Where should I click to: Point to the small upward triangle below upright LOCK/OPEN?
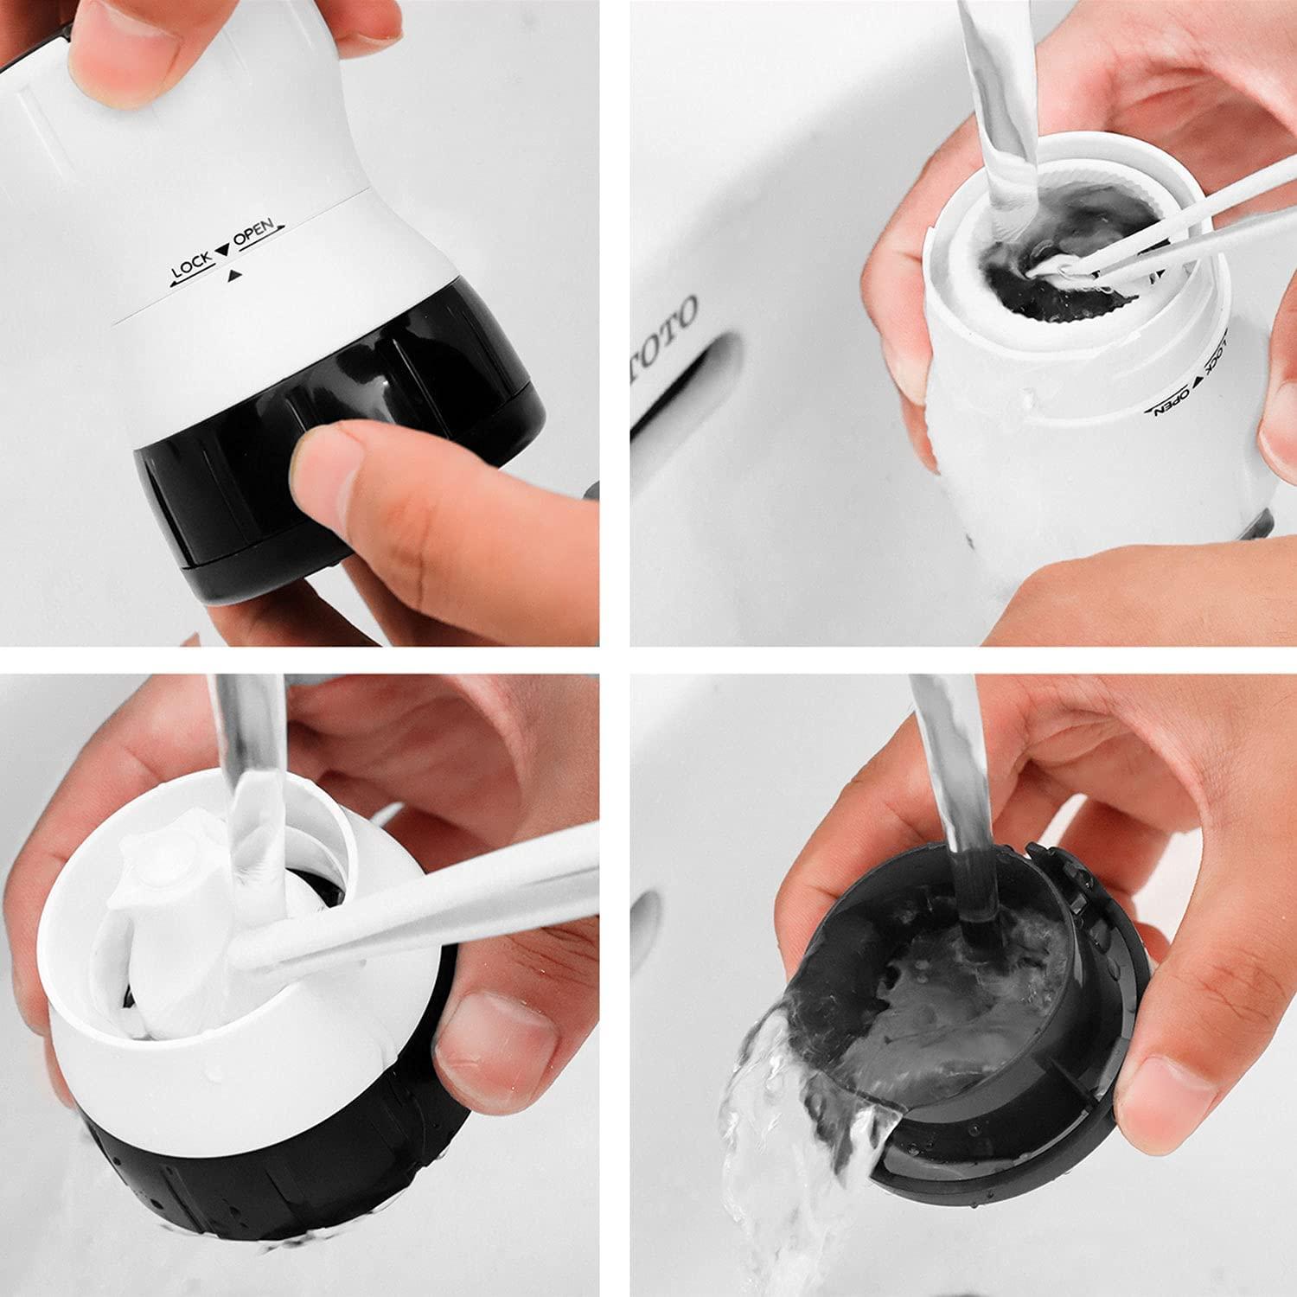[233, 278]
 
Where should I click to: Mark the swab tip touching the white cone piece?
[251, 955]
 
